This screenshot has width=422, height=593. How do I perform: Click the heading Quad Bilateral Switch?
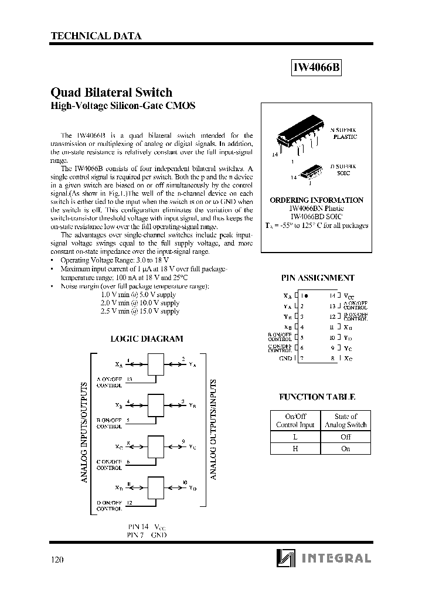pos(112,93)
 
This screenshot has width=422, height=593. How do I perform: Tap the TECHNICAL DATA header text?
pos(96,36)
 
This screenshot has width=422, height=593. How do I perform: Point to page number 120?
pos(57,559)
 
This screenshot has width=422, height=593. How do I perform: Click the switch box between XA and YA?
pos(156,364)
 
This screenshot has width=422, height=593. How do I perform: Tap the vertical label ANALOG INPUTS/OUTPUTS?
pos(84,432)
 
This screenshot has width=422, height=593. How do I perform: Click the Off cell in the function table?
pos(345,437)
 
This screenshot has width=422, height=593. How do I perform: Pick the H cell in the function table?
pos(295,449)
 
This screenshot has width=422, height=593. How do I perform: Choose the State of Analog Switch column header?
pos(345,421)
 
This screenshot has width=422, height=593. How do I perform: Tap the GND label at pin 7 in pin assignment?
pos(285,358)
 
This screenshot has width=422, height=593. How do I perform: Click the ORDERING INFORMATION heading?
pos(316,200)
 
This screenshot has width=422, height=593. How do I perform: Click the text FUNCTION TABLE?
pos(317,397)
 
